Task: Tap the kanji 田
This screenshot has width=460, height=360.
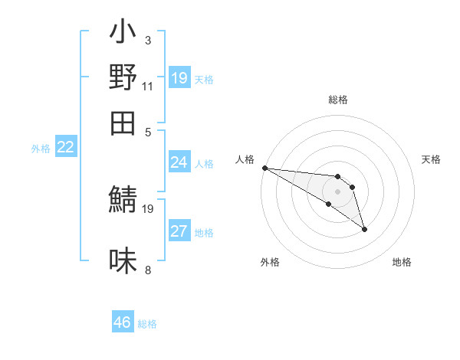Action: pyautogui.click(x=123, y=123)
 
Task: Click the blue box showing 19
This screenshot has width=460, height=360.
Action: pyautogui.click(x=179, y=77)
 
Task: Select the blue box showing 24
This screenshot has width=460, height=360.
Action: pyautogui.click(x=179, y=162)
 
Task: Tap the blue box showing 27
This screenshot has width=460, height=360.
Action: pyautogui.click(x=179, y=231)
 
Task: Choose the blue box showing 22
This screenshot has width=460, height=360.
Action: pyautogui.click(x=66, y=147)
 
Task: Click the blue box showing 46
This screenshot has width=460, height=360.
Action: pyautogui.click(x=123, y=322)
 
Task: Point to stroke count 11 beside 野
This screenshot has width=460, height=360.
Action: pyautogui.click(x=148, y=86)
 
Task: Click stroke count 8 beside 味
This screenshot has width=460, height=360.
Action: pyautogui.click(x=148, y=270)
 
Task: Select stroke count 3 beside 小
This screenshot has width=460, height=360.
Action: pyautogui.click(x=148, y=40)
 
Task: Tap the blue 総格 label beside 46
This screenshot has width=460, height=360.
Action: pyautogui.click(x=147, y=324)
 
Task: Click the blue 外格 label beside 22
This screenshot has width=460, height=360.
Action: pyautogui.click(x=41, y=149)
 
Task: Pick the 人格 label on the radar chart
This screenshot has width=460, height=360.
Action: pyautogui.click(x=245, y=159)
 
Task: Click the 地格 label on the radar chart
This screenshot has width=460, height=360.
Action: pyautogui.click(x=402, y=262)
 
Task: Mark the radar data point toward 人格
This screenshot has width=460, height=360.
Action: pyautogui.click(x=264, y=168)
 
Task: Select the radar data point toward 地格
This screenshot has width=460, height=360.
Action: pyautogui.click(x=364, y=229)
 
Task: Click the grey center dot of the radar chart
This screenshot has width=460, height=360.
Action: pyautogui.click(x=337, y=191)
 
